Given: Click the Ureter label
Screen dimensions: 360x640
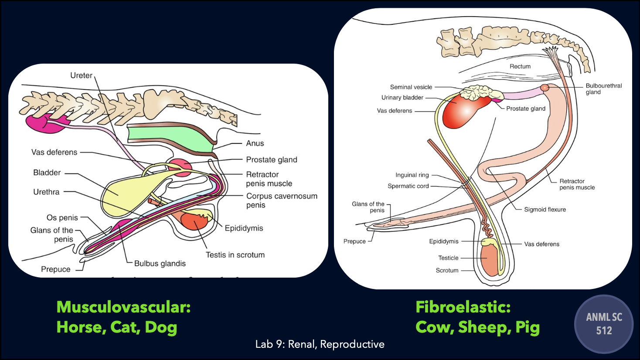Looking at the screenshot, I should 81,75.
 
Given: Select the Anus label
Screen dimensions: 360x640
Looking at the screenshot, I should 255,143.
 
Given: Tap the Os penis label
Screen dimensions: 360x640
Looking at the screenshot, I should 62,217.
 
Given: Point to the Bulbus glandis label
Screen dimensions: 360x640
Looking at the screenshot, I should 160,263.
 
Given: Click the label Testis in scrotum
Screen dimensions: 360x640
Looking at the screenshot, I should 235,255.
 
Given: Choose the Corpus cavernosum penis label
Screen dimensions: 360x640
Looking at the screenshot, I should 282,200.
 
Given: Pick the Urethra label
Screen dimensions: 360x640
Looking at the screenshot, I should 46,192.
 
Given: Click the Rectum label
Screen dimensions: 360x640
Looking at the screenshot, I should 520,67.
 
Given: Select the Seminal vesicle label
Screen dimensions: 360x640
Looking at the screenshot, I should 411,87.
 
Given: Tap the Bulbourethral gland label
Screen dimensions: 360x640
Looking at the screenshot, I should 603,89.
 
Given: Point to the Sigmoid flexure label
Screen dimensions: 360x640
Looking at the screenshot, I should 545,210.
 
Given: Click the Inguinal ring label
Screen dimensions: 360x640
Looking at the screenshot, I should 412,175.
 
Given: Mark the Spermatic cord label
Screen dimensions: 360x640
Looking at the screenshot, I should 408,186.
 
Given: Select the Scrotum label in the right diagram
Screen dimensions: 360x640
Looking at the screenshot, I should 447,271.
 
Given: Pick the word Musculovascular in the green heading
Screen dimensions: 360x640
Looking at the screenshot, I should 123,307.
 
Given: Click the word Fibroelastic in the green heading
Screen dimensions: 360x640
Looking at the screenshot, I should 463,307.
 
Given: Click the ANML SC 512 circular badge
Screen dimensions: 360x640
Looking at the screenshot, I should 604,324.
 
